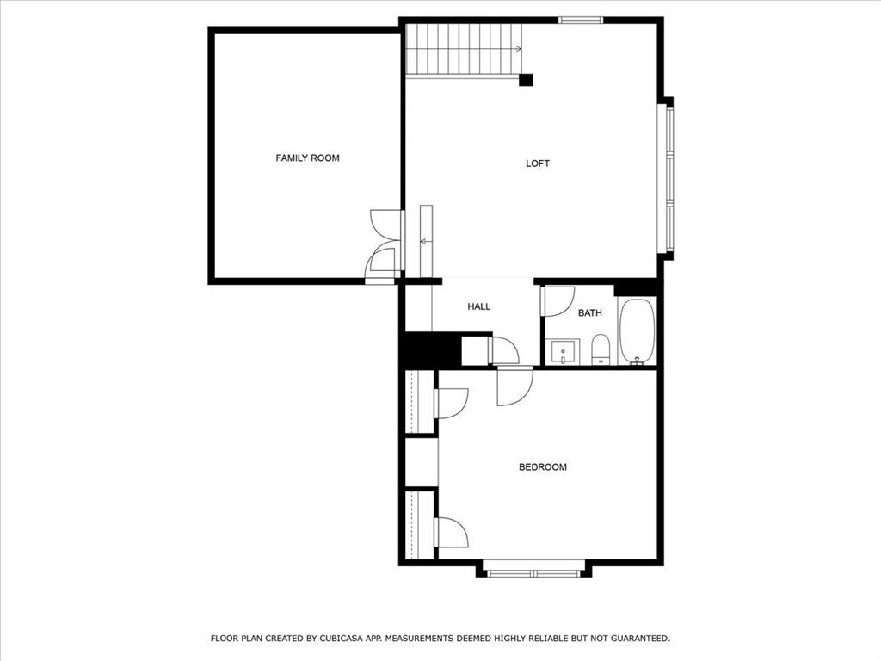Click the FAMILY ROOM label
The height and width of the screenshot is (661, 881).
coord(307,158)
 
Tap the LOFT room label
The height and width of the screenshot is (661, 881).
coord(538,164)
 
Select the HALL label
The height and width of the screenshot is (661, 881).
coord(478,306)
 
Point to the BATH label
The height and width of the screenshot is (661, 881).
coord(589,313)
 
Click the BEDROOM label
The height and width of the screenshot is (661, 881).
coord(542,467)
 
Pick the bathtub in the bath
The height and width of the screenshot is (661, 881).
coord(637,332)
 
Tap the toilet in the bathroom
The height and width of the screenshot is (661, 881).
coord(601,349)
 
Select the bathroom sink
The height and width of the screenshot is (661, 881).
coord(564,351)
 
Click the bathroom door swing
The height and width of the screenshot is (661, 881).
coord(558,300)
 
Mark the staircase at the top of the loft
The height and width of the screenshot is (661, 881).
coord(463,50)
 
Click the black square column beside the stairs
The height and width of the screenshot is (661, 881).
coord(526,80)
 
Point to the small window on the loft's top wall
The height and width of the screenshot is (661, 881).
coord(580,20)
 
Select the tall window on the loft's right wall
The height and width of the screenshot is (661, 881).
coord(666,179)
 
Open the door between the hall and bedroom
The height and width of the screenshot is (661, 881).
coord(514,385)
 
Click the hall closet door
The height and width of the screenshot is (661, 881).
coord(503,350)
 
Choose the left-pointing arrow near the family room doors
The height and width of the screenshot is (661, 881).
coord(425,242)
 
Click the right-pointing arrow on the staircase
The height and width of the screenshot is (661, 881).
coord(517,49)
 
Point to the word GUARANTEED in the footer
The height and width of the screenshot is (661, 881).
coord(636,639)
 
